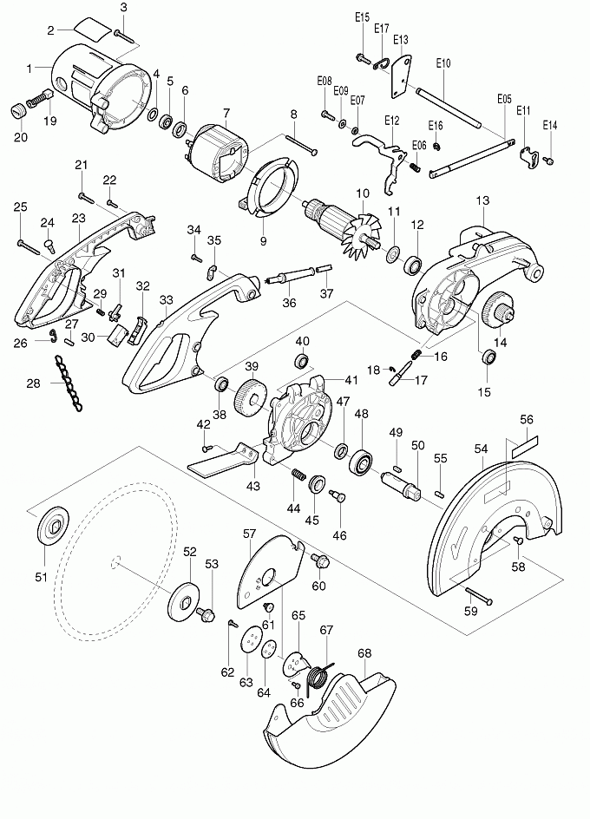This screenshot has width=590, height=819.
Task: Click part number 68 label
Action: (x=364, y=653)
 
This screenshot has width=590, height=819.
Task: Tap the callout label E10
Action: (x=442, y=63)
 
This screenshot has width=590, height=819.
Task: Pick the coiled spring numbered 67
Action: (x=319, y=675)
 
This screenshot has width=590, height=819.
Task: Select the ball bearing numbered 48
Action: (x=360, y=459)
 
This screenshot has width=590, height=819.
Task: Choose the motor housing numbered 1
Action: (x=95, y=87)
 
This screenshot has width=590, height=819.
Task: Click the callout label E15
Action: (x=362, y=16)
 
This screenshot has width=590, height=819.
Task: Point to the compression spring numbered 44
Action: (x=296, y=476)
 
